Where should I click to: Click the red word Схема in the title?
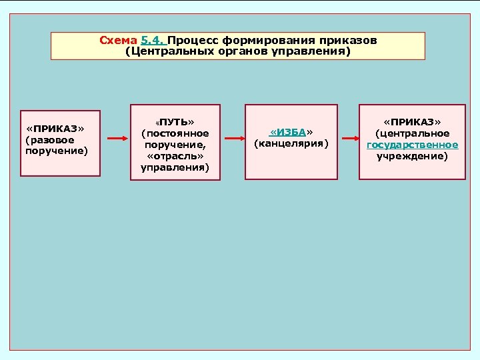coord(118,40)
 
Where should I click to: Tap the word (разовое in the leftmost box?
coord(49,140)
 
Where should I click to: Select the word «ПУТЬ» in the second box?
coord(175,122)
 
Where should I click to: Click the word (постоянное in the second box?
coord(175,133)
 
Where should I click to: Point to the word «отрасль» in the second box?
coord(175,156)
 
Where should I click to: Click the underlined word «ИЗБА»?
coord(291,131)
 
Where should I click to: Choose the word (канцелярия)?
coord(291,143)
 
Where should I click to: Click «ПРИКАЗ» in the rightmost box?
coord(412,122)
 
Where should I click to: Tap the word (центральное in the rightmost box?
coord(412,133)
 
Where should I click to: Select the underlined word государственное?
coord(412,145)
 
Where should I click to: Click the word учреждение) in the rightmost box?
coord(412,156)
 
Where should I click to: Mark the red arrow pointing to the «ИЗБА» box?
coord(234,139)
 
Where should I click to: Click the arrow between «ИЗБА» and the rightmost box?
coord(348,139)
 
